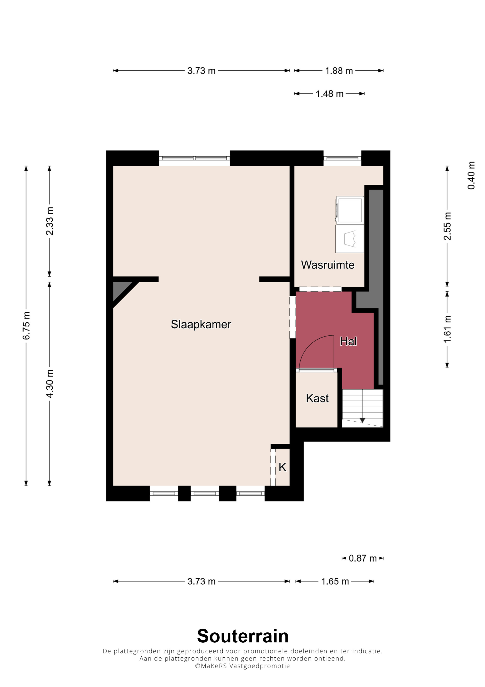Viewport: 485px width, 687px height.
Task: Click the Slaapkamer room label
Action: tap(201, 325)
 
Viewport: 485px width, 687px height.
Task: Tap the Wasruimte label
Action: tap(328, 265)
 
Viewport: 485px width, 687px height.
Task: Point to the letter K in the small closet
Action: tap(283, 467)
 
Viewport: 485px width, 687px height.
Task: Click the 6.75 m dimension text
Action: tap(26, 326)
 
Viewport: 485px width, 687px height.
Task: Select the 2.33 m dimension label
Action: tap(50, 221)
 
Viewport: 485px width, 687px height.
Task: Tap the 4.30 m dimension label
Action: tap(50, 384)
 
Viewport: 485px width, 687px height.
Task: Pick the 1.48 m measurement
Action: tap(330, 94)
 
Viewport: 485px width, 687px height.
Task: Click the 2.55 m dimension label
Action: tap(447, 226)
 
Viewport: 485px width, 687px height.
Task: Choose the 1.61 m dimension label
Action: tap(447, 329)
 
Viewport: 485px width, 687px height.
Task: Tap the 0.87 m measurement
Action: tap(363, 558)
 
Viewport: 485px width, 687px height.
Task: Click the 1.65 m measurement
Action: tap(335, 581)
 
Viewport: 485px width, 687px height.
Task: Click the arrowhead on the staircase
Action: tap(363, 420)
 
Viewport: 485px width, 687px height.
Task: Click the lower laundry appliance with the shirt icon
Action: tap(350, 239)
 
